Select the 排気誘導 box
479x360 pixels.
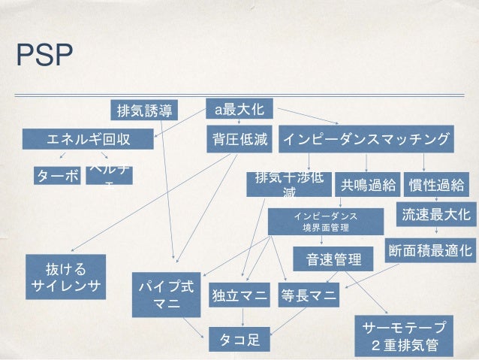[x=143, y=111]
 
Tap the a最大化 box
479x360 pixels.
[x=239, y=110]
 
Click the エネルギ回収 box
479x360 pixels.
[x=89, y=139]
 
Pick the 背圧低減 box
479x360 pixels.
[x=238, y=139]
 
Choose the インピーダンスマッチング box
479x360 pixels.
[x=366, y=139]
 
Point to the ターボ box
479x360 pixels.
[x=57, y=176]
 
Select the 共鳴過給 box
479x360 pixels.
[x=366, y=185]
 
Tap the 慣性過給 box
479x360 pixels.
[x=435, y=185]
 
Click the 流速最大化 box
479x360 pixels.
[x=435, y=214]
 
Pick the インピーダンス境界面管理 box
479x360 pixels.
[x=324, y=221]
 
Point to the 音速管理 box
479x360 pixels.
[x=327, y=259]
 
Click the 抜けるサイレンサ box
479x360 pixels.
[x=65, y=276]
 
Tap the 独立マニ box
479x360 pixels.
[x=239, y=295]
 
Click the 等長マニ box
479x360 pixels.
[x=308, y=295]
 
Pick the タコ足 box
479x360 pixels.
[x=239, y=340]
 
